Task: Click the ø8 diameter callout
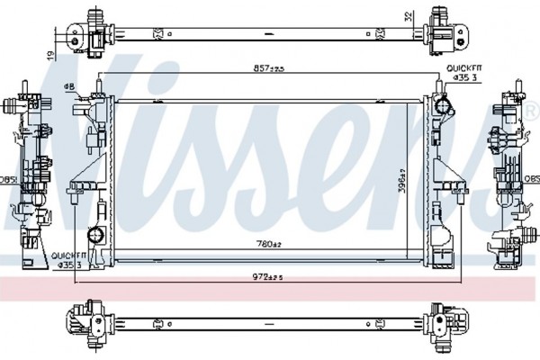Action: pyautogui.click(x=69, y=86)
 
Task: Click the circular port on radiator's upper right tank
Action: pyautogui.click(x=442, y=106)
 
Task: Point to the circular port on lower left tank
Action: pyautogui.click(x=93, y=238)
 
